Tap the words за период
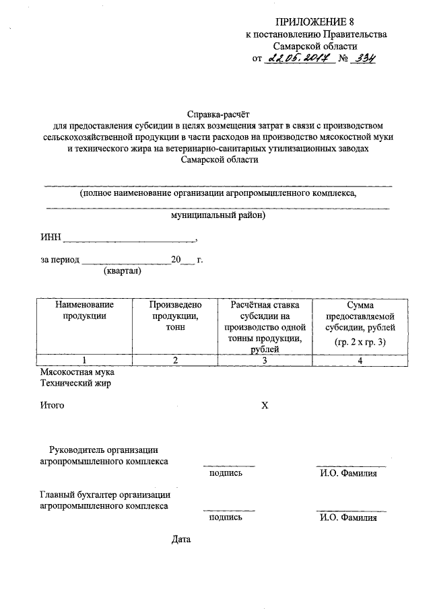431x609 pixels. (61, 259)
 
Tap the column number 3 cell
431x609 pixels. (265, 360)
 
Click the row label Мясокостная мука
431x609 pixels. (77, 372)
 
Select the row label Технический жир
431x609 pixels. (75, 384)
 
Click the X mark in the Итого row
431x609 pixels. (265, 406)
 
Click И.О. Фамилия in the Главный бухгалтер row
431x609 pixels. (349, 518)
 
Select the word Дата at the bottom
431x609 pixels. (182, 540)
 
